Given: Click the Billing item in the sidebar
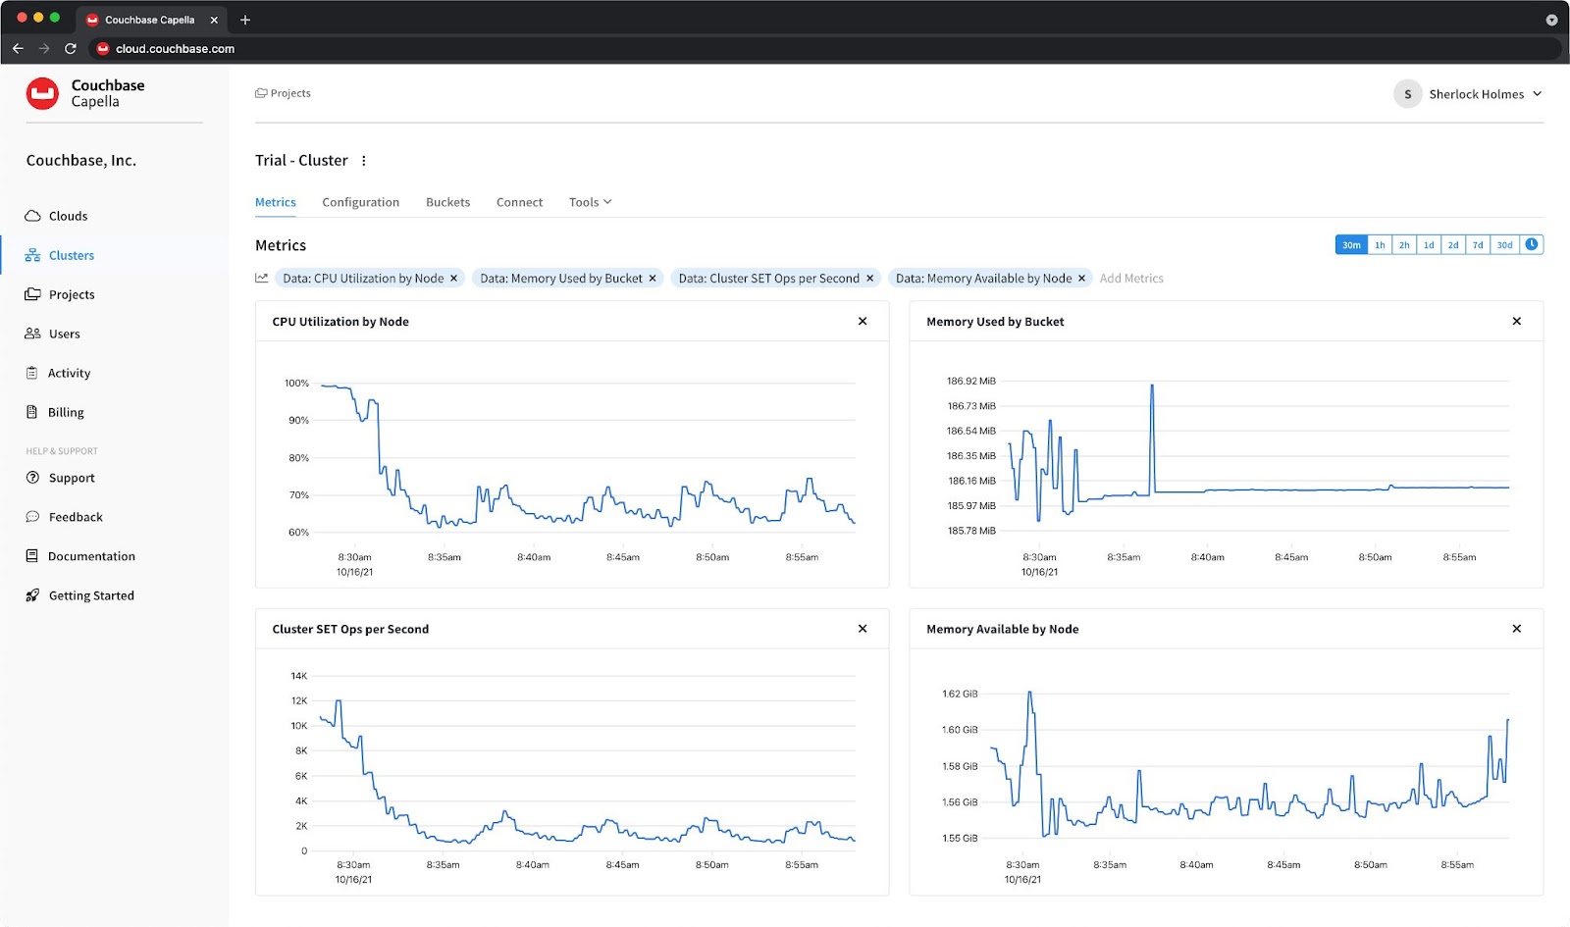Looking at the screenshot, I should pos(65,413).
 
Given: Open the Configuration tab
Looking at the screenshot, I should pos(360,202).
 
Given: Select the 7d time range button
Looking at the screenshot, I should pos(1477,245).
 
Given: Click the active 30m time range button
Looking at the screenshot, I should pos(1351,245).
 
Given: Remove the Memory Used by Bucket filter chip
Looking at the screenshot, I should pos(653,279).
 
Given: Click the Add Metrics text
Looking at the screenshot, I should pos(1130,279).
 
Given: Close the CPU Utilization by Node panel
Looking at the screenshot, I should pos(863,322).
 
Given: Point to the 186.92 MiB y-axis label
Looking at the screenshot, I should pos(970,382).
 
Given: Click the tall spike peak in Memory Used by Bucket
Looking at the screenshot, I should pos(1152,386).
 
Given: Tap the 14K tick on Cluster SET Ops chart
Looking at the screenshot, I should pos(298,676).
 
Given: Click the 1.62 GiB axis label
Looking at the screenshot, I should pos(959,695).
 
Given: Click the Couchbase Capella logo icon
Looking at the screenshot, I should pos(42,93).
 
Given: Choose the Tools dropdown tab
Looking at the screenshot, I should pos(590,202).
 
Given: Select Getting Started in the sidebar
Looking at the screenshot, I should pos(90,595).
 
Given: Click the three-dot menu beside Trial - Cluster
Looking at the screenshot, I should pos(364,161).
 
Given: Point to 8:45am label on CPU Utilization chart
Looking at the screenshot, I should pos(622,557).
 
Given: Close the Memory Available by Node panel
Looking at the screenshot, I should pos(1516,629).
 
